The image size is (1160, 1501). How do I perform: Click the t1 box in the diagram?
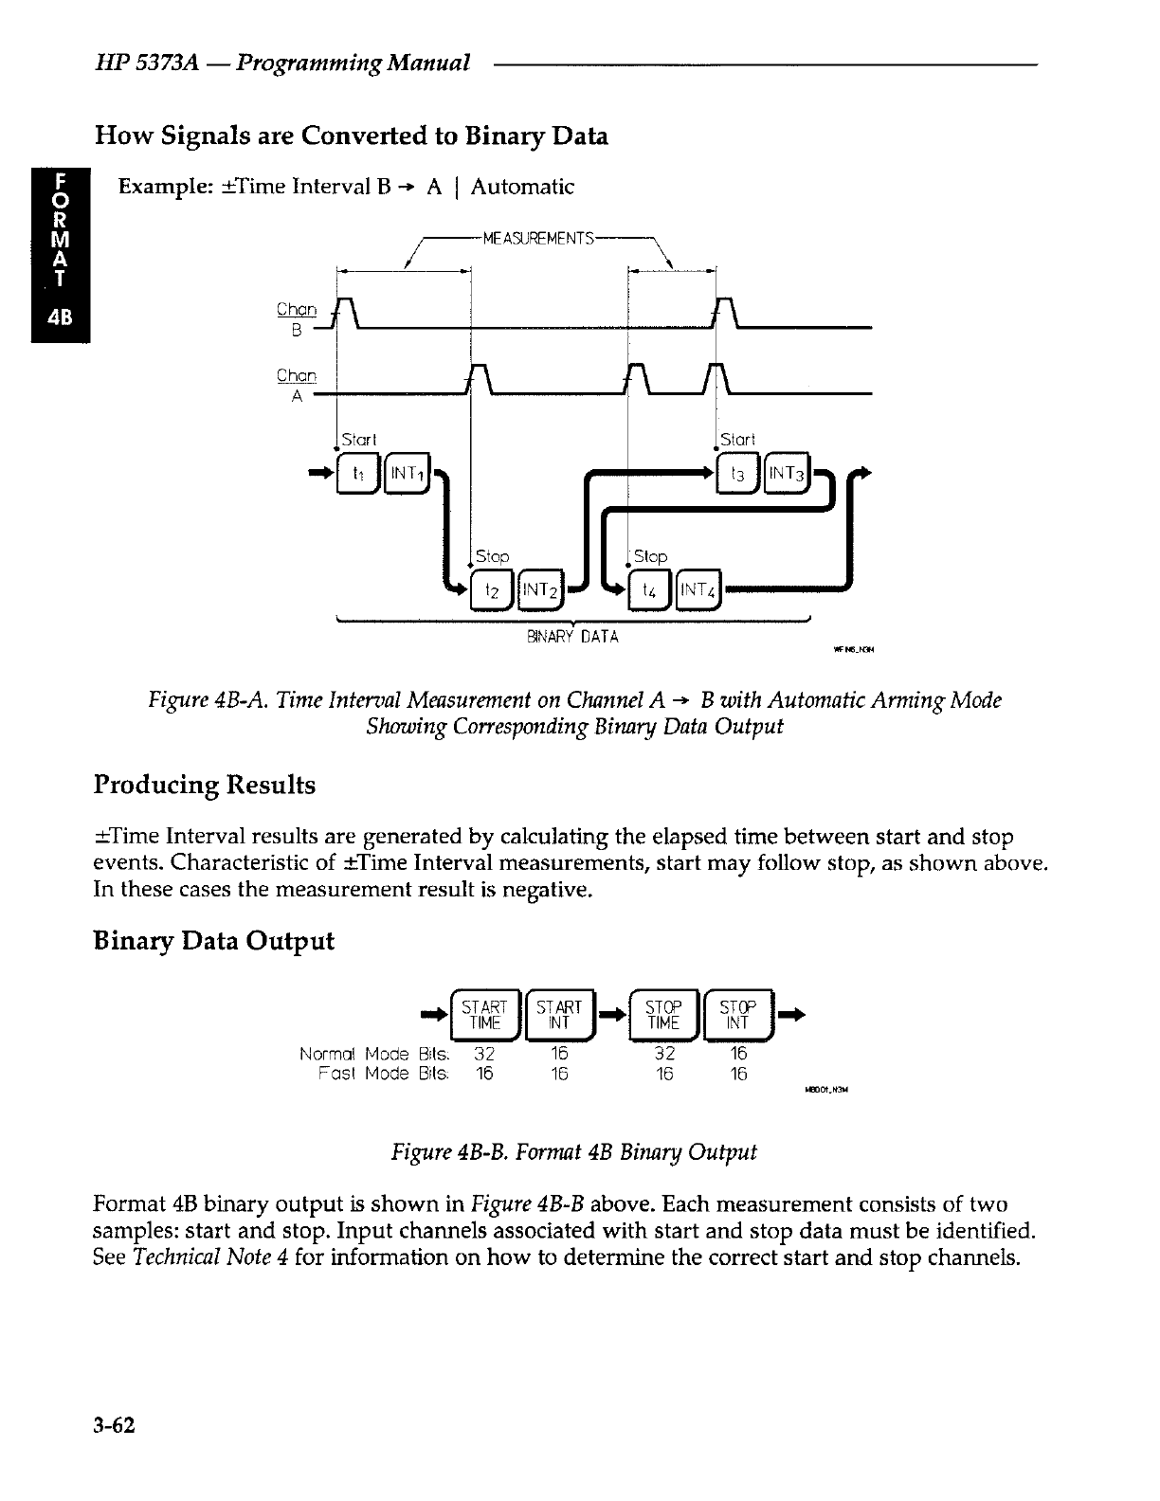(x=357, y=471)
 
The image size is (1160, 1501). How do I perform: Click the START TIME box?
(x=484, y=1015)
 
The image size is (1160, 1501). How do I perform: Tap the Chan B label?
(x=296, y=318)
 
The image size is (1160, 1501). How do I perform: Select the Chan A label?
(x=296, y=385)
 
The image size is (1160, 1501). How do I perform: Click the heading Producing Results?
(x=204, y=786)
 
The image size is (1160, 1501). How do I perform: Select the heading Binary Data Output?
(x=213, y=941)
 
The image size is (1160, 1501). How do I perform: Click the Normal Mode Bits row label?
(x=375, y=1055)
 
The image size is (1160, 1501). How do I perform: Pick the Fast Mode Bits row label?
(x=384, y=1074)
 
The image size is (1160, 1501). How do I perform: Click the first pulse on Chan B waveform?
(x=347, y=311)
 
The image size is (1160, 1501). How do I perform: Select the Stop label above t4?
(x=650, y=556)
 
